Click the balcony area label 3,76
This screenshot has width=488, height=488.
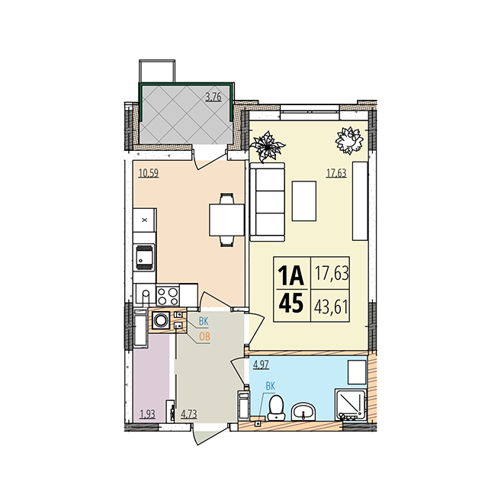click(213, 97)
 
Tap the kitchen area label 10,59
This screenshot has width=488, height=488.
click(149, 173)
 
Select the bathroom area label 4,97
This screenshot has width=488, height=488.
click(261, 364)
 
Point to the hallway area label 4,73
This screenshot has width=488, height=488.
click(189, 414)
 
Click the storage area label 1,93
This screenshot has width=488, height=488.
click(147, 414)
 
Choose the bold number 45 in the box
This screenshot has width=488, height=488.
click(291, 303)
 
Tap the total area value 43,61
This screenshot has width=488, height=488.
click(331, 307)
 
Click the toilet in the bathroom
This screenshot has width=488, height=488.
click(276, 407)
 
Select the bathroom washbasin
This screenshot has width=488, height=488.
click(303, 411)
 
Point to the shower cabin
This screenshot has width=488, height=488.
click(351, 404)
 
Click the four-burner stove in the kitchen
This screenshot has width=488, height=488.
click(168, 296)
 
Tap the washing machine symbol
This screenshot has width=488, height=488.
click(161, 320)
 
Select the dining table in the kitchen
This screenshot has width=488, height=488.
click(226, 220)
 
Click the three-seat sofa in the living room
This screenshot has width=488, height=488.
click(268, 201)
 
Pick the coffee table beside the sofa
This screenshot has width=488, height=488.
click(304, 201)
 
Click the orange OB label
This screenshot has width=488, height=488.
click(204, 336)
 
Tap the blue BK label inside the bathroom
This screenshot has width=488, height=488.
click(271, 387)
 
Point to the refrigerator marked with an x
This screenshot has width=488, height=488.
click(144, 220)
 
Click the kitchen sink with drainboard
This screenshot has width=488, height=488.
click(144, 258)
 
